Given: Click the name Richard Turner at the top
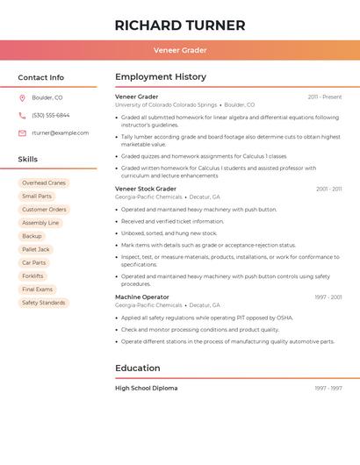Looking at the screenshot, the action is [x=180, y=25].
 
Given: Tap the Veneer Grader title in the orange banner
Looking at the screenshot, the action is [x=180, y=50].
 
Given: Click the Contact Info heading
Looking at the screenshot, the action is [x=41, y=77].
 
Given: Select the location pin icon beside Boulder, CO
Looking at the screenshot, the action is [x=22, y=97].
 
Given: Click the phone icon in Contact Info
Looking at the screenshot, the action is [x=22, y=115].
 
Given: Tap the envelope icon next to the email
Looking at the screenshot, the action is [x=22, y=133].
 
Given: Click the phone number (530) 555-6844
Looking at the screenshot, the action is [x=50, y=115].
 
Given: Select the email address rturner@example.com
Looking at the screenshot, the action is [x=60, y=133].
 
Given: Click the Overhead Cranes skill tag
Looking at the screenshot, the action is [x=44, y=183].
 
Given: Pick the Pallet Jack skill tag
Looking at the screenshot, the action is [x=36, y=249].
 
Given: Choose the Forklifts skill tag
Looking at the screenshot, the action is [x=32, y=275].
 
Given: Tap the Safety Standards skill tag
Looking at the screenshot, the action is [x=44, y=303].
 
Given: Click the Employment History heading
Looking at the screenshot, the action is [x=161, y=77].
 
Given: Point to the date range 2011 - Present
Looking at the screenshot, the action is [x=325, y=97].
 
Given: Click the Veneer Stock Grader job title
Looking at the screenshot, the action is [x=146, y=189].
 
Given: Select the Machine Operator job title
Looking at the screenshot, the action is [x=142, y=297].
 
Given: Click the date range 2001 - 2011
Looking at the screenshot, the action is [x=328, y=189].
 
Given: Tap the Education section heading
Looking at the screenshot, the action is [x=138, y=368].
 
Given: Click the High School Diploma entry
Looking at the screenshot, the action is [x=146, y=388].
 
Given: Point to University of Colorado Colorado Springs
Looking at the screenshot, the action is [x=165, y=105].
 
